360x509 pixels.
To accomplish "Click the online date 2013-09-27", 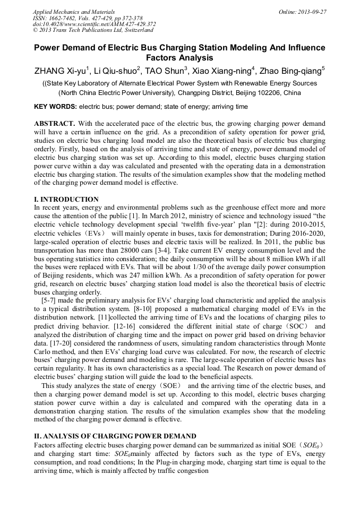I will pyautogui.click(x=311, y=12).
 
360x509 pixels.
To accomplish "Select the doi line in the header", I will pyautogui.click(x=95, y=24).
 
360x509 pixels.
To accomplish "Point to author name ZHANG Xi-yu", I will pyautogui.click(x=59, y=71).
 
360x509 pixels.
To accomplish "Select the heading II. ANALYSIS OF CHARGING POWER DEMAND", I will pyautogui.click(x=115, y=436).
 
